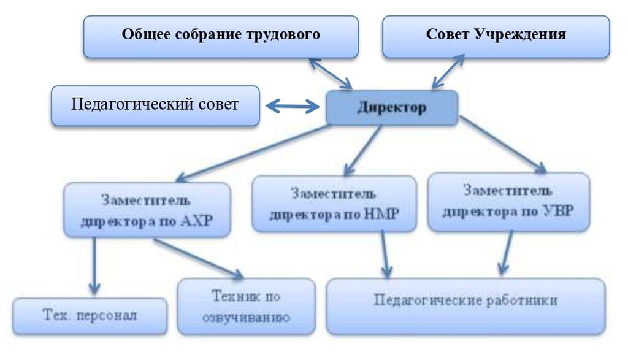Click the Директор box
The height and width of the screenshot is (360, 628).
[392, 108]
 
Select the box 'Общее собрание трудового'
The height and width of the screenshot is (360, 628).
[221, 36]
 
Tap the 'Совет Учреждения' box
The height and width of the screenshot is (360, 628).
[496, 36]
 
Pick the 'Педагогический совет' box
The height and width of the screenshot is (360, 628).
[155, 105]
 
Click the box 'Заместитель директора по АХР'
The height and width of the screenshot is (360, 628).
[147, 210]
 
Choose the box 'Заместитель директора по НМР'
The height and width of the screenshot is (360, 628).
[334, 205]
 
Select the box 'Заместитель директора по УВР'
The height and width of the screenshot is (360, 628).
[508, 202]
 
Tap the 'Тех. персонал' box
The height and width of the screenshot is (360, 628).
[90, 316]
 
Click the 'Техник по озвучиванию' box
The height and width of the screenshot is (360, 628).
[246, 307]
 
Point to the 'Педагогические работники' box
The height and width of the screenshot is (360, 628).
[465, 305]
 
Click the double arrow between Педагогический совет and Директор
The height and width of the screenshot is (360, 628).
[293, 107]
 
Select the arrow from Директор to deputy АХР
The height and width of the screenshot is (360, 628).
[251, 152]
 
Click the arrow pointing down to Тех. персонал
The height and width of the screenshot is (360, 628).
[94, 265]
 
